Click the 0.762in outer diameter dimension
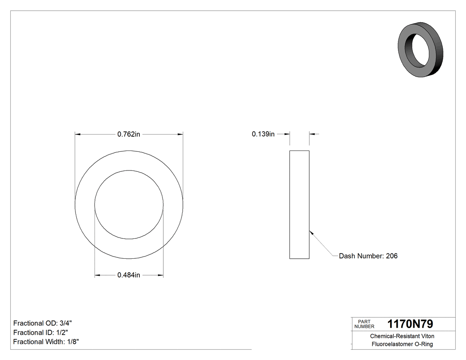point(129,134)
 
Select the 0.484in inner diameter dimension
point(129,276)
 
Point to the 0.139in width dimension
point(263,134)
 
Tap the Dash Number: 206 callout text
point(368,256)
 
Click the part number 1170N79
point(410,324)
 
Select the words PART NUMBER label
point(364,324)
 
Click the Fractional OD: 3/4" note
point(42,323)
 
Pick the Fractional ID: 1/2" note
point(41,332)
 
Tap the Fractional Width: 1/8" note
point(46,342)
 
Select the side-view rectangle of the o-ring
point(300,205)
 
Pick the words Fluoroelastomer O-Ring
point(402,344)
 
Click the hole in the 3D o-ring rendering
point(419,48)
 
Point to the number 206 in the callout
point(392,256)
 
